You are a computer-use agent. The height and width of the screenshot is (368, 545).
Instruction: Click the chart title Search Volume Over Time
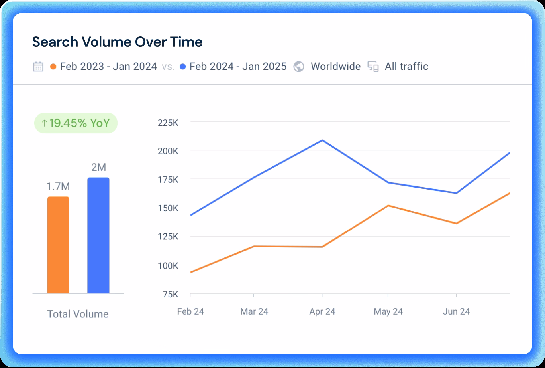(x=117, y=42)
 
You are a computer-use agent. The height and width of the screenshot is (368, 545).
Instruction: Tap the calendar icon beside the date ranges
(x=38, y=66)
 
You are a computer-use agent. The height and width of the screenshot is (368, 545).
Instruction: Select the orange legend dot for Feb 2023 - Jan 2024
(x=53, y=67)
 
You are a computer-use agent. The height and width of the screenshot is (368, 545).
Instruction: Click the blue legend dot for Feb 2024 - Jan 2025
(x=183, y=67)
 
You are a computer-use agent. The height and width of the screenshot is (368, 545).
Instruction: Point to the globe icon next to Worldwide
(x=299, y=67)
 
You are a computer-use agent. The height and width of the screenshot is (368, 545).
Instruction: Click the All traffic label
(x=406, y=66)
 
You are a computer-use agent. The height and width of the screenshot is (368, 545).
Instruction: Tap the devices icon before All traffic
(x=373, y=67)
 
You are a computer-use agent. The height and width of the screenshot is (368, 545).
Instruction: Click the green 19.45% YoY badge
(x=76, y=123)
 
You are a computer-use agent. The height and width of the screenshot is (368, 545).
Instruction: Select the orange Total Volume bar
(x=58, y=245)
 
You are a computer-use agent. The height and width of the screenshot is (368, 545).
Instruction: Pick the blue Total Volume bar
(x=98, y=235)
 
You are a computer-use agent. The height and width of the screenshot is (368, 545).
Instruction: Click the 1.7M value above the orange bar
(x=58, y=186)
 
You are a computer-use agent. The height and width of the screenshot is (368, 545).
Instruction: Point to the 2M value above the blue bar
(x=98, y=167)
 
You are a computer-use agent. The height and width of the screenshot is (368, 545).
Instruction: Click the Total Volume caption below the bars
(x=78, y=314)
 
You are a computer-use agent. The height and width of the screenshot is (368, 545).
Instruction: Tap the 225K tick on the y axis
(x=168, y=123)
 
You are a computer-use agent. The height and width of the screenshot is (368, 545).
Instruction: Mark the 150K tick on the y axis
(x=168, y=208)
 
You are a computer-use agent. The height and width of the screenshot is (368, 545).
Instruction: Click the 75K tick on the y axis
(x=171, y=294)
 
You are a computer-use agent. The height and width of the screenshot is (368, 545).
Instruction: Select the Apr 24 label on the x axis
(x=322, y=311)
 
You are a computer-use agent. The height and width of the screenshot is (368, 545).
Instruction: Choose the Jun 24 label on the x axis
(x=456, y=311)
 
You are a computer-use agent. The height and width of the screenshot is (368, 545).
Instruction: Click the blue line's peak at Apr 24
(x=322, y=140)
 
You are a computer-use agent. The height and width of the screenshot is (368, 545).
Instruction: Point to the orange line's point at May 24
(x=388, y=206)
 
